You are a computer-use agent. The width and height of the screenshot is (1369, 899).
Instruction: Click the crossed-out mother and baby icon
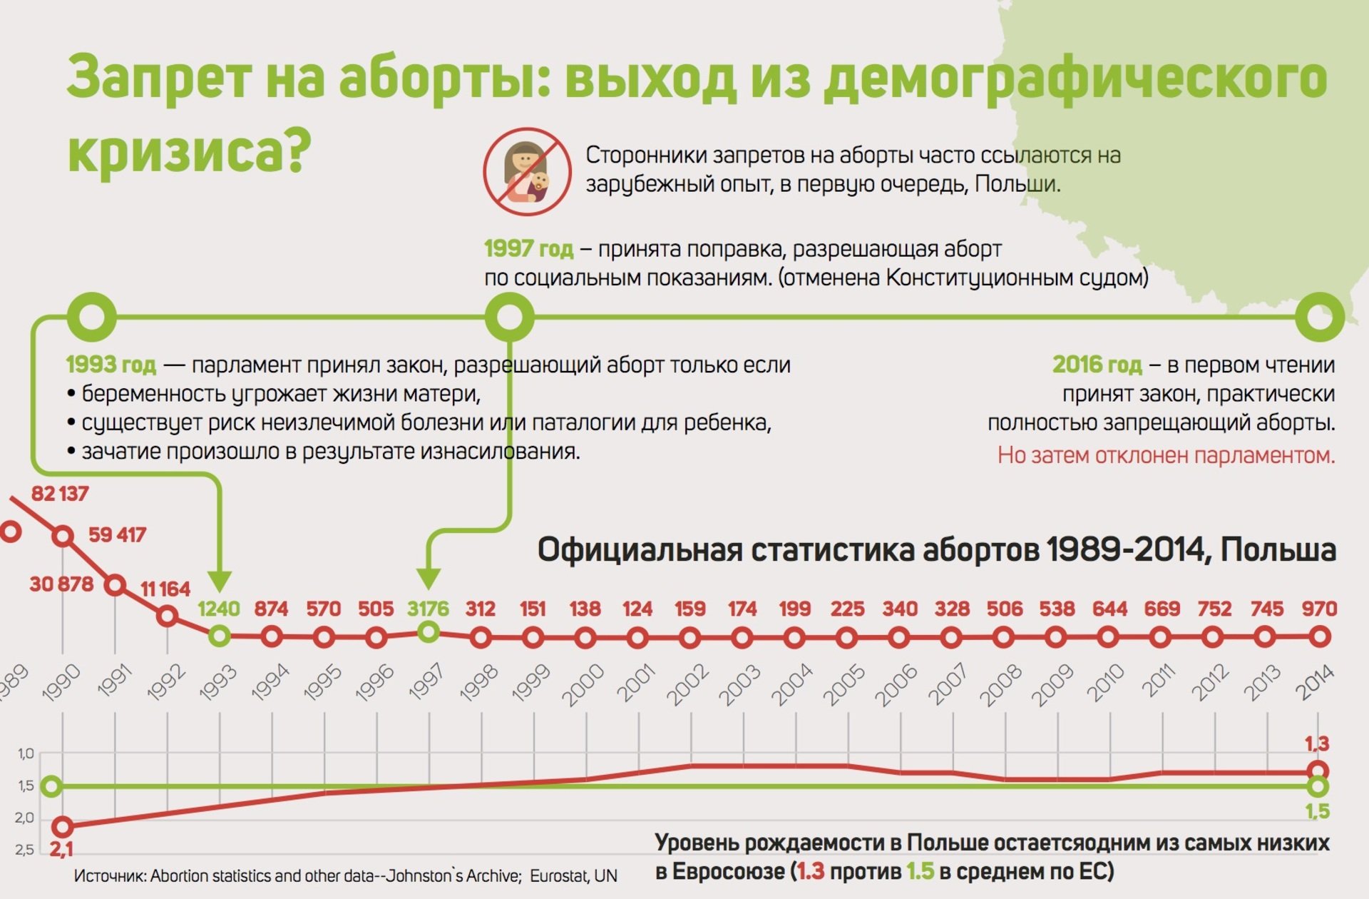point(527,171)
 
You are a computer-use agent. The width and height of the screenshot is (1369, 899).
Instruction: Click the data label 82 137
point(60,494)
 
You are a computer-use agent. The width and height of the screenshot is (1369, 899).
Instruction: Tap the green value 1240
point(219,609)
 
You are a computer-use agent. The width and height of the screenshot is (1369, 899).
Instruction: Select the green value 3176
point(428,609)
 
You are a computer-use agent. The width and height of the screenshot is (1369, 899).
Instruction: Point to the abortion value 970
point(1318,609)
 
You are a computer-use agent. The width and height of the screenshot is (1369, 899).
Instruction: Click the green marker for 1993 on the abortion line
point(220,635)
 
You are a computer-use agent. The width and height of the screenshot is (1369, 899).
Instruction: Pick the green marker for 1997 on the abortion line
point(428,631)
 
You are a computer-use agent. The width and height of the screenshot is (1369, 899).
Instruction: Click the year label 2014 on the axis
point(1314,682)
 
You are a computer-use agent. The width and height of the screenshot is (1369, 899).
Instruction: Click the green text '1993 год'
point(111,365)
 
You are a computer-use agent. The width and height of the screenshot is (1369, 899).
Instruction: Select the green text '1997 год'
point(528,249)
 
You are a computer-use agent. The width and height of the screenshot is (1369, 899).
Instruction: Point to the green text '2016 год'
point(1097,365)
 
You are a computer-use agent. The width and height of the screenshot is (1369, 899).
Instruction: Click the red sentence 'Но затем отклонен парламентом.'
point(1166,455)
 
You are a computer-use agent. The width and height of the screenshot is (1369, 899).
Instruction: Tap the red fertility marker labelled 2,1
point(63,826)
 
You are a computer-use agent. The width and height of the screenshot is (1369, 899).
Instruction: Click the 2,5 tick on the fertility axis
point(25,850)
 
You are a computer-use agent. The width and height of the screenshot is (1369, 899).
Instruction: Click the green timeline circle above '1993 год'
point(91,316)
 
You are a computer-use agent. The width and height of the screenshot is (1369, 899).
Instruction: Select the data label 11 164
point(165,589)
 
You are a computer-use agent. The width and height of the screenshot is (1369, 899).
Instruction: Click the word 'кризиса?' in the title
point(190,150)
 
